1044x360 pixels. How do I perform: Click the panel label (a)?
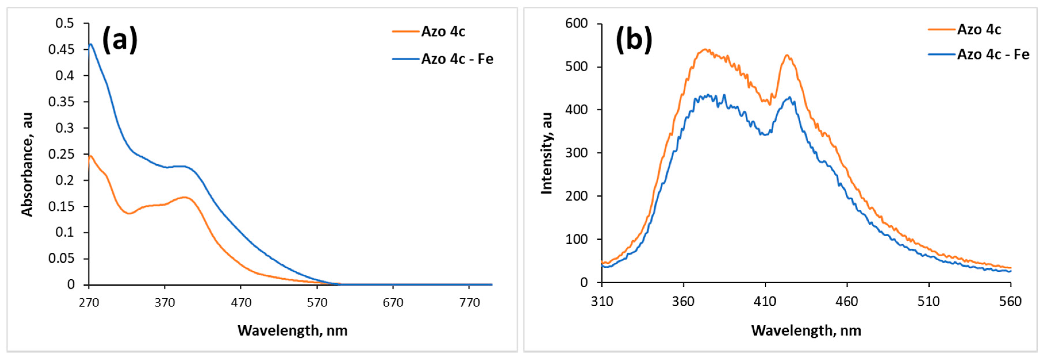[120, 40]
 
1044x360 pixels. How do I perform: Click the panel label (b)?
[634, 40]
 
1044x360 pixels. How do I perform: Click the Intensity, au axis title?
[547, 153]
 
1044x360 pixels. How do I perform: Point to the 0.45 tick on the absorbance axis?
[61, 49]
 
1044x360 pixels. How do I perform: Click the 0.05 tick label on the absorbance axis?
[61, 259]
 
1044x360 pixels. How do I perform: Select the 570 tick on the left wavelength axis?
[317, 303]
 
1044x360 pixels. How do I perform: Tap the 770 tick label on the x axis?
[469, 303]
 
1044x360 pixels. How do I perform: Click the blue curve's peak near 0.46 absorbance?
[91, 44]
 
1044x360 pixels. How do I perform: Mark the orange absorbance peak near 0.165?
[185, 197]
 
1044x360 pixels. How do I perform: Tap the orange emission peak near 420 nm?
[787, 55]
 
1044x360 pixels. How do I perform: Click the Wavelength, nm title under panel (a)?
[293, 330]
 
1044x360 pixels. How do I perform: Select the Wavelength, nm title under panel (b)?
[806, 330]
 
